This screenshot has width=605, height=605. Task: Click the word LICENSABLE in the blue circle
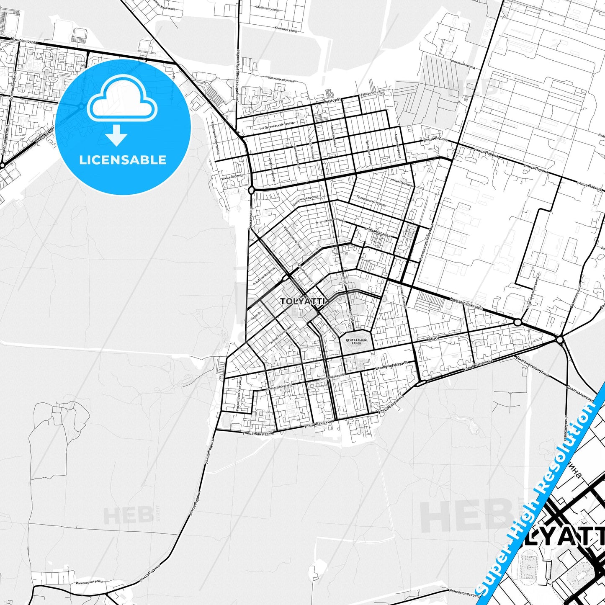pos(123,160)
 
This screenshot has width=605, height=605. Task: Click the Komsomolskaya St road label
pos(466,304)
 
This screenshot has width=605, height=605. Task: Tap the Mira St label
pos(434,338)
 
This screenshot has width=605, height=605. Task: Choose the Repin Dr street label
pos(256,316)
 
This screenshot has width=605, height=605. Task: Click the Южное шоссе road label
pos(25,42)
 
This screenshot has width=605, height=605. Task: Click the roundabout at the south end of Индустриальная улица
pos(518,322)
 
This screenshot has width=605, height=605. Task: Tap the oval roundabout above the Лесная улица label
pos(251,191)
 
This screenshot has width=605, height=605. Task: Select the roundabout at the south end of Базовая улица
pos(560,340)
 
